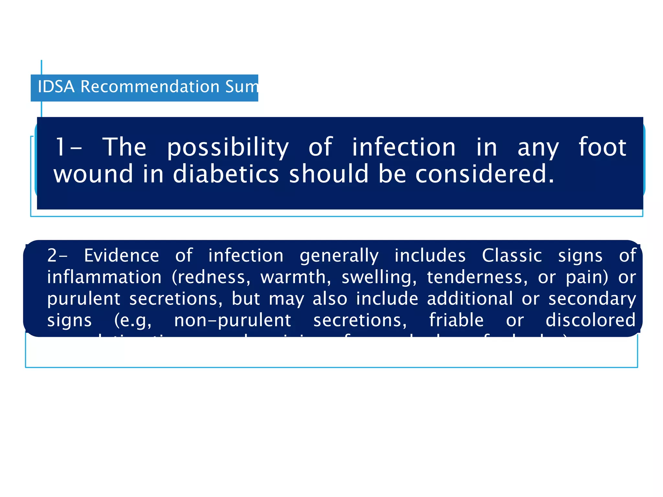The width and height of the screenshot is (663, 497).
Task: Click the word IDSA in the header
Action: coord(56,87)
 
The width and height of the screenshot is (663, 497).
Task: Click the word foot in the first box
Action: coord(602,147)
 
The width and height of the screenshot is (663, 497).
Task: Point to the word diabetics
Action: coord(226,174)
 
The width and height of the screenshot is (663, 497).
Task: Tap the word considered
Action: coord(485,174)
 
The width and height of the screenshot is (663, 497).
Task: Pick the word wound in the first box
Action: coord(93,174)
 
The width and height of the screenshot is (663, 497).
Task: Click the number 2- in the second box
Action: coord(57,256)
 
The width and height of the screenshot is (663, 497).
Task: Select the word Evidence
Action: coord(121,256)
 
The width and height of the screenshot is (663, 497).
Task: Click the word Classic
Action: coord(512,256)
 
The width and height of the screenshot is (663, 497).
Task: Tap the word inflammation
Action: coord(104,277)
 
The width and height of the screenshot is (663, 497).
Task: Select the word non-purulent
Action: coord(232,320)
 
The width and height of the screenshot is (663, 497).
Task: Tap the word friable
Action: coord(456,320)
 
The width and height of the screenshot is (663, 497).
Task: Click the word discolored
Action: coord(590,320)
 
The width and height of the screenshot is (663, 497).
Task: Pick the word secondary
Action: coord(592,299)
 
